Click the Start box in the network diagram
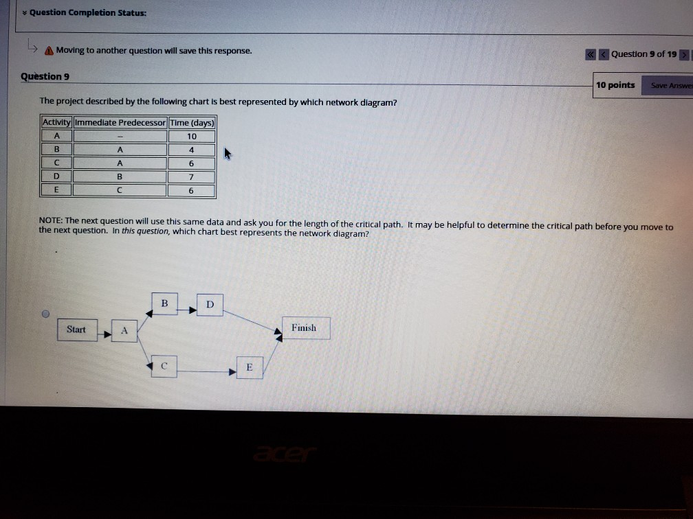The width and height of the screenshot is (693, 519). tap(76, 330)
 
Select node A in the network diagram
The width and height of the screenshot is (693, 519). tap(124, 330)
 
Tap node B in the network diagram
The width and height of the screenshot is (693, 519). tap(164, 303)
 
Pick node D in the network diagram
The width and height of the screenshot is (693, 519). tap(210, 303)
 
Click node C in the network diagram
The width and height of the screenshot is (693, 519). tap(164, 367)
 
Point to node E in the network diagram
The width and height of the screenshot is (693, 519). tap(250, 367)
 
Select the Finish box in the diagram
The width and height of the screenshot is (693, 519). tap(304, 328)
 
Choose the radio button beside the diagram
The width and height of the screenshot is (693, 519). tap(45, 314)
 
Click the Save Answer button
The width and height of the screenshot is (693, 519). tap(667, 85)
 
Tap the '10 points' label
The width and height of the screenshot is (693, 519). tap(615, 85)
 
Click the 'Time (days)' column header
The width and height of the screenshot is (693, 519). tap(192, 122)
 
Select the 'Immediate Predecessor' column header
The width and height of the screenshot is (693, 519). tap(120, 122)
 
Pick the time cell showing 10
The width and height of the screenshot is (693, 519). tap(192, 136)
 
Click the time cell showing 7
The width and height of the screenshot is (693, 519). tap(192, 177)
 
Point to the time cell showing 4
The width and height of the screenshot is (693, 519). tap(192, 150)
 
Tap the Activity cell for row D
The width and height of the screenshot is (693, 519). tap(57, 177)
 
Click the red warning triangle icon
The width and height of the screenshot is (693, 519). tap(49, 51)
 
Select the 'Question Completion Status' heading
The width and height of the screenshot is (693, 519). tap(87, 13)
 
